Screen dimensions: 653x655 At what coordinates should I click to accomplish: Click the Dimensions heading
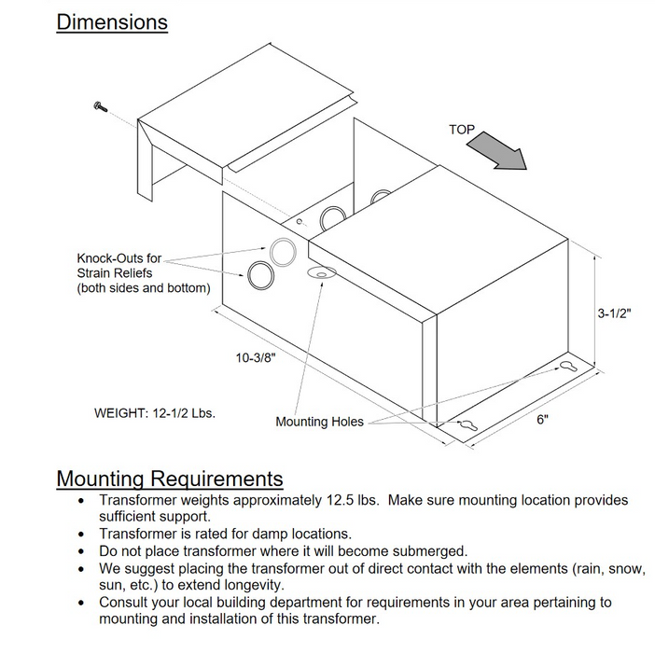112,21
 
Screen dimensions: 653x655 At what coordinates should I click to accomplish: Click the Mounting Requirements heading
170,479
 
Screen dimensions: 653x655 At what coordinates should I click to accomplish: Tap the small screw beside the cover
100,108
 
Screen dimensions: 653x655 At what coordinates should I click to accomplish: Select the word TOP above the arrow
462,130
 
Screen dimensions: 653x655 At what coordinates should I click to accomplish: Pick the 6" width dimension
541,419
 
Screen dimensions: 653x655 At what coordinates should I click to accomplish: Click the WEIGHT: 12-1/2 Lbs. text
155,411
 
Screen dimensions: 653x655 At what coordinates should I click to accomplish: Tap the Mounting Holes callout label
319,422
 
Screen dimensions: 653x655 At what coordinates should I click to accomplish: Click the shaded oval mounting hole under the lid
319,272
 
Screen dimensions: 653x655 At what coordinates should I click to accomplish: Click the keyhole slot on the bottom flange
467,425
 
